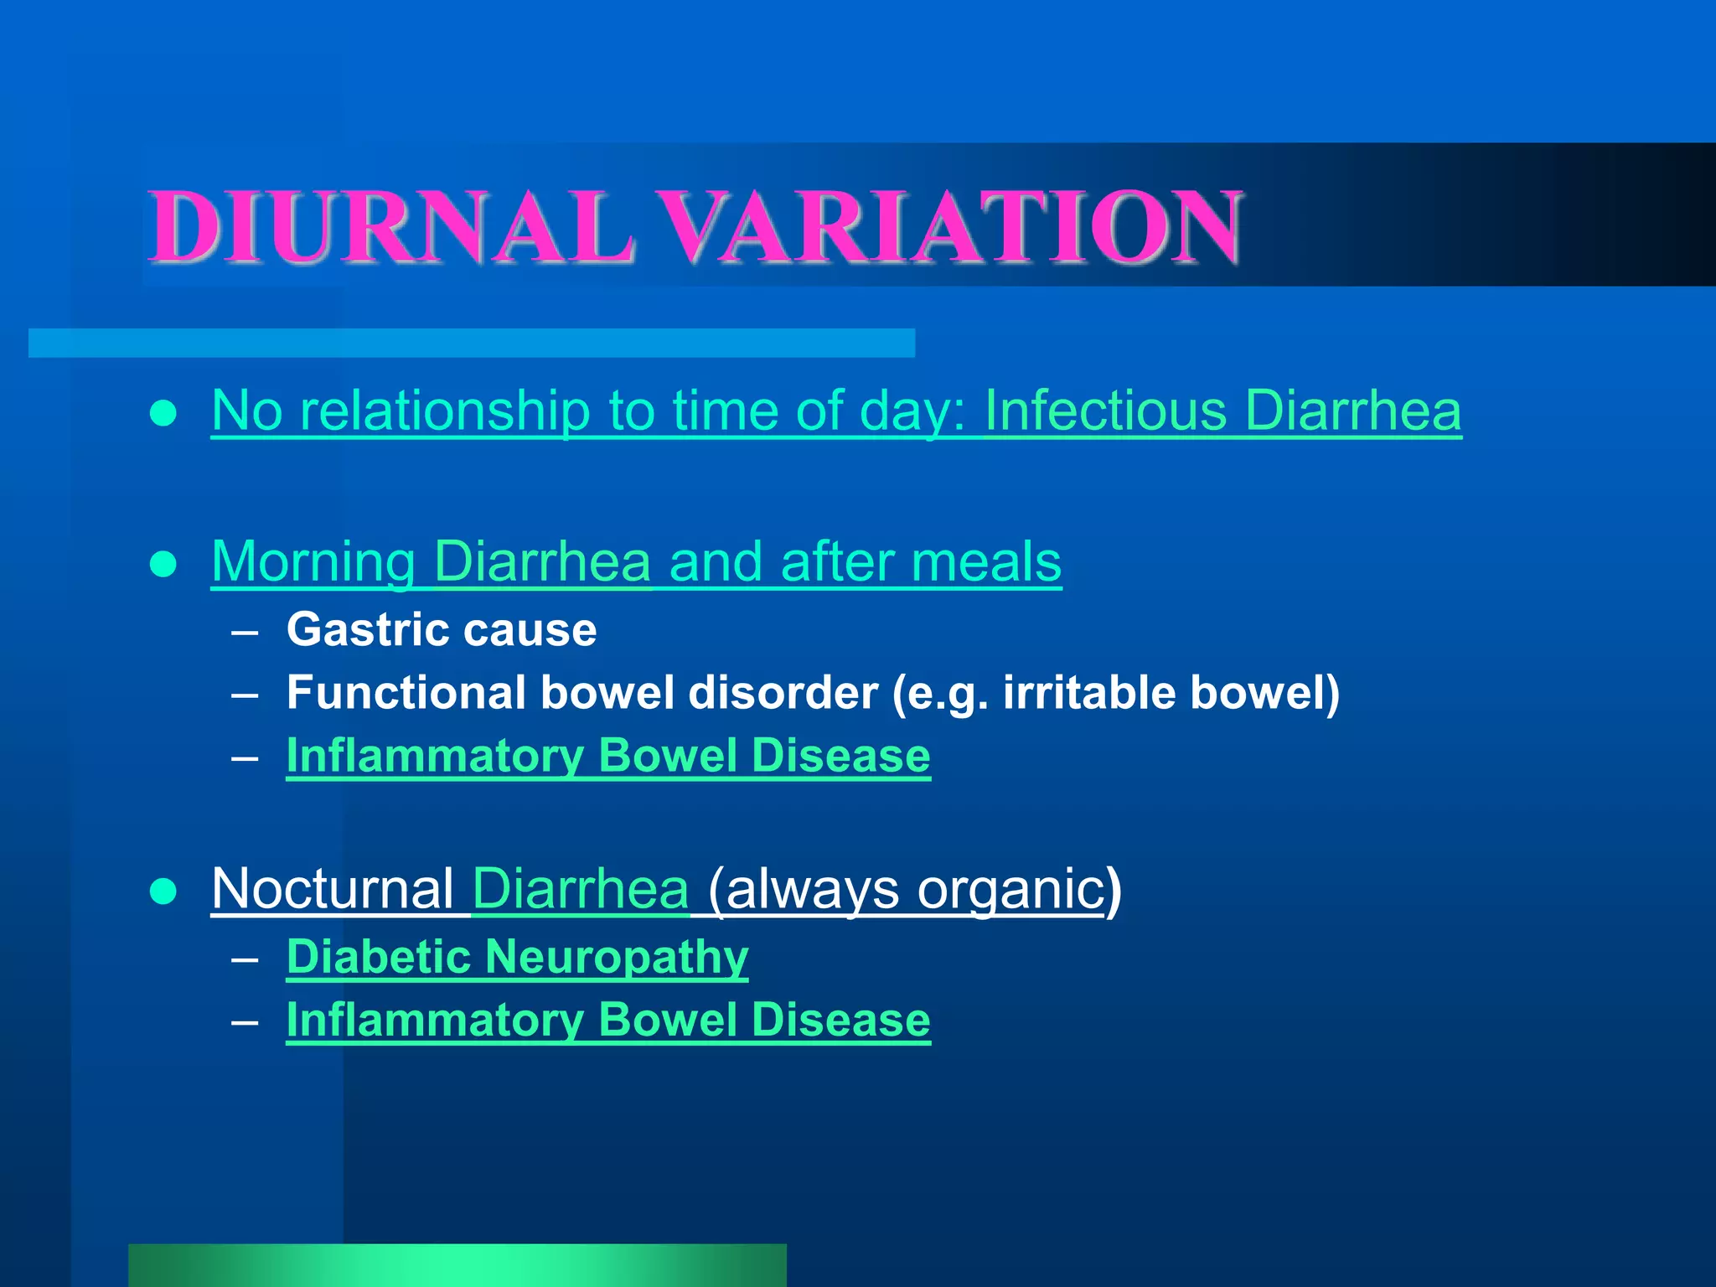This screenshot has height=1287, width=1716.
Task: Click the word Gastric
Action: pos(366,629)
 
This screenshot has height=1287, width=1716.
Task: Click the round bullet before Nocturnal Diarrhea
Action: pos(163,892)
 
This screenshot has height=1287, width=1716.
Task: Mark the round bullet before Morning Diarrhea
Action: pos(163,564)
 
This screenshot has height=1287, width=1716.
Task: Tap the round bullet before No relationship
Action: pos(163,413)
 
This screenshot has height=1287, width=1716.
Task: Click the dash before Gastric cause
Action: pos(245,632)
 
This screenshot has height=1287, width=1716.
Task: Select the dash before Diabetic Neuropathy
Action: pos(245,959)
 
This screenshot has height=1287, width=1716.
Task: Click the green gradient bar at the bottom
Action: pos(457,1265)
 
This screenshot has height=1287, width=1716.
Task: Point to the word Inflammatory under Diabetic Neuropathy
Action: pos(435,1020)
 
